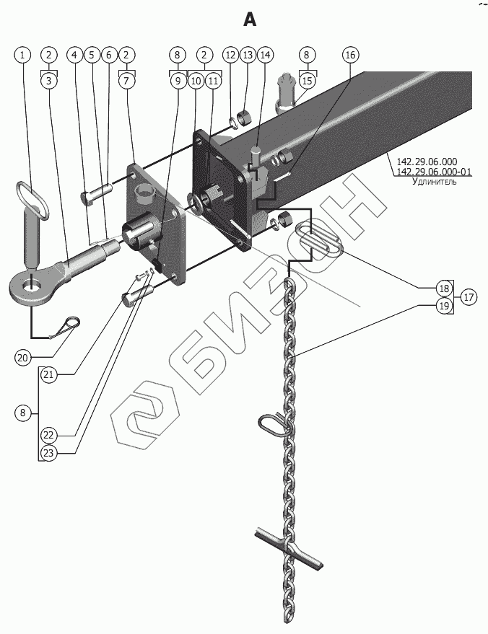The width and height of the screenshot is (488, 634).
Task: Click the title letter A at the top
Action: pos(249,20)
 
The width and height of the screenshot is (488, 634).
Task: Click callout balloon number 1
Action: pos(23,55)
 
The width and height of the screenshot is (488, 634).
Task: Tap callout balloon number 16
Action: pos(349,55)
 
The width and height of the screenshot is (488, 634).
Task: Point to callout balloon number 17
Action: pos(469,296)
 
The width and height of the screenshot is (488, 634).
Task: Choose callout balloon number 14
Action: pos(265,55)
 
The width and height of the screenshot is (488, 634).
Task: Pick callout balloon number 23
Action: pos(49,453)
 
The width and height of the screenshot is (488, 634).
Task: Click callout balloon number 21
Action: pos(49,374)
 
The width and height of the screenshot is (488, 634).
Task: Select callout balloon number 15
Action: pos(307,81)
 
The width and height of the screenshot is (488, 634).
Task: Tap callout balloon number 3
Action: pos(49,81)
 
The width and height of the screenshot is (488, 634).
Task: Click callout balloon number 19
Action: pos(444,306)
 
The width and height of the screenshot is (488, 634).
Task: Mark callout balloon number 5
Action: pos(92,55)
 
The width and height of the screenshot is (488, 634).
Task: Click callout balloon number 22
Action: pos(49,435)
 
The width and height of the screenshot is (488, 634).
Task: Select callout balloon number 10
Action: pos(195,81)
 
